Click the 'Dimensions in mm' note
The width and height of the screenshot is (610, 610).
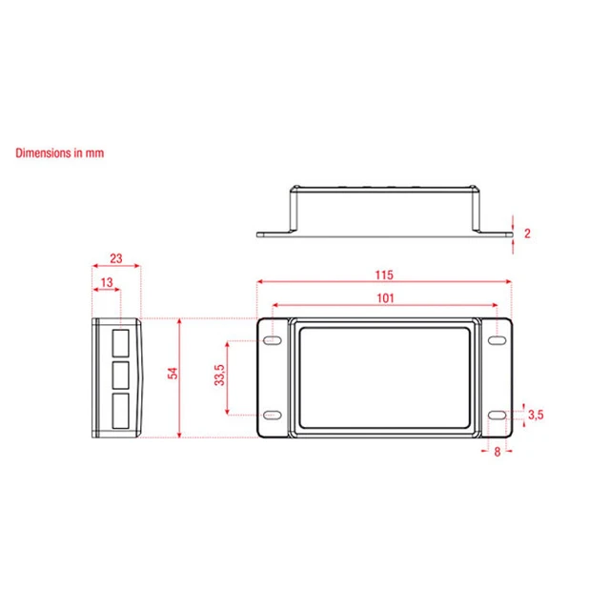pos(59,152)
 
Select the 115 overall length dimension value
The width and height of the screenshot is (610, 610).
pos(384,275)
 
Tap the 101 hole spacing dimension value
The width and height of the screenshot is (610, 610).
pos(385,298)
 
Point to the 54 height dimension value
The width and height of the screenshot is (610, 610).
pos(173,373)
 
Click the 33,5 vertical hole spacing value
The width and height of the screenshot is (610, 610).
pos(220,375)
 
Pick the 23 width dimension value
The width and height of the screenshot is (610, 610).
pos(116,258)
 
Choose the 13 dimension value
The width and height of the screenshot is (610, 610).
pos(107,282)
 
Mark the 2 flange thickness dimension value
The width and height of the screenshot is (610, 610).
pos(527,234)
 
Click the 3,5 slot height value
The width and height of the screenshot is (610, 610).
pos(536,415)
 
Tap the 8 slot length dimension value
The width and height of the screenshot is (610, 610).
pos(498,452)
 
